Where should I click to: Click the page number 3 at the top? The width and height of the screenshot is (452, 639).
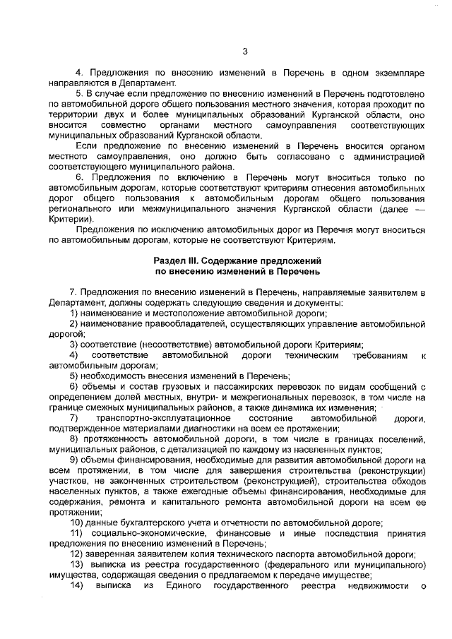coord(244,51)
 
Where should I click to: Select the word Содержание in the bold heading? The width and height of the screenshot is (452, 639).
coord(234,261)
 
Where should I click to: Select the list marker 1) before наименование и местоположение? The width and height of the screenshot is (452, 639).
coord(74,313)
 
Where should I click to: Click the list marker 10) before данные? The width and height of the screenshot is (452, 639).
coord(76,522)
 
